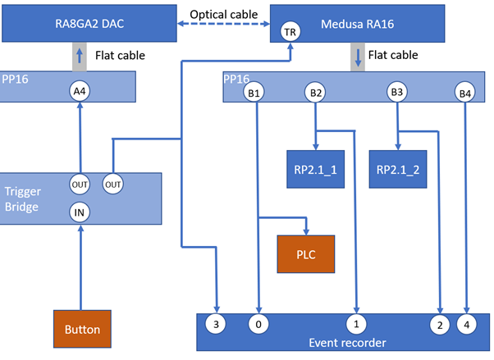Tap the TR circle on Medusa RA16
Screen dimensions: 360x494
tap(290, 31)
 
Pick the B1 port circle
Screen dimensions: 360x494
tap(255, 93)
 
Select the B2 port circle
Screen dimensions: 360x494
tap(315, 93)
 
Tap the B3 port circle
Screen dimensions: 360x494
tap(397, 93)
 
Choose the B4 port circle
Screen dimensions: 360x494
tap(466, 93)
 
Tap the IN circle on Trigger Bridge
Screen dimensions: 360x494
tap(80, 212)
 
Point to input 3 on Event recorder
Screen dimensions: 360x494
tap(217, 324)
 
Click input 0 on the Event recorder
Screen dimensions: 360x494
tap(258, 324)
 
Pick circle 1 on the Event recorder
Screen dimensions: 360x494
tap(357, 324)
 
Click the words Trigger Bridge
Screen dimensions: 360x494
tap(23, 198)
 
